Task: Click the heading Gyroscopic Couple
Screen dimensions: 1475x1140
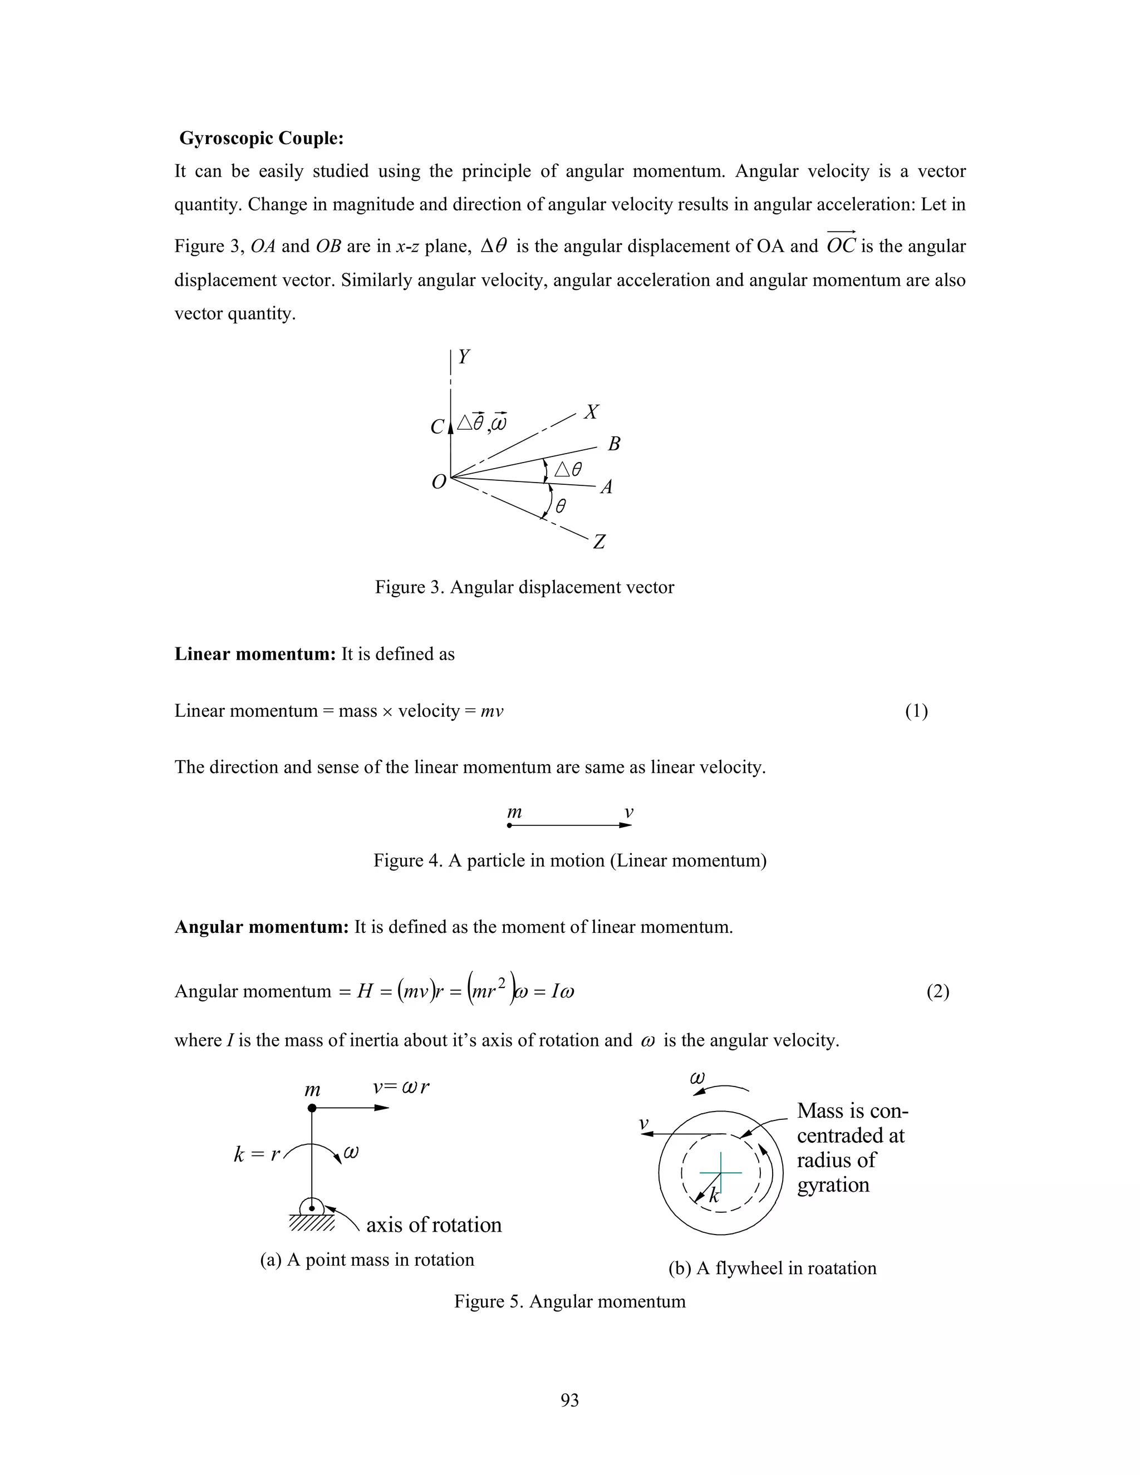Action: [262, 139]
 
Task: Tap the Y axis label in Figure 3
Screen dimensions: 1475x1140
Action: [464, 357]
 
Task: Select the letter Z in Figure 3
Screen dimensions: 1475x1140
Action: [599, 542]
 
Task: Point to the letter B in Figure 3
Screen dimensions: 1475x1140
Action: [614, 444]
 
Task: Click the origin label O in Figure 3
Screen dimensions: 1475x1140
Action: [439, 482]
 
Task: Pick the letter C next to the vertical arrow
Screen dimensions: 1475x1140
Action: [437, 427]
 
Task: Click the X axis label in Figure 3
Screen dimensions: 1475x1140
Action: [592, 412]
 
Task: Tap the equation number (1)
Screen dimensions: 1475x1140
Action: [916, 711]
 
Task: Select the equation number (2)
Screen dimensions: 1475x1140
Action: [937, 991]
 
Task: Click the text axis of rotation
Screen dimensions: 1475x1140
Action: [434, 1225]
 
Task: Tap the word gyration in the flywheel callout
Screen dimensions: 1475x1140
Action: [833, 1184]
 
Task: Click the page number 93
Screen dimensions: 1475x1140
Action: [569, 1400]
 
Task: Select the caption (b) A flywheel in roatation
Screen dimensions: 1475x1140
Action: [772, 1268]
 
